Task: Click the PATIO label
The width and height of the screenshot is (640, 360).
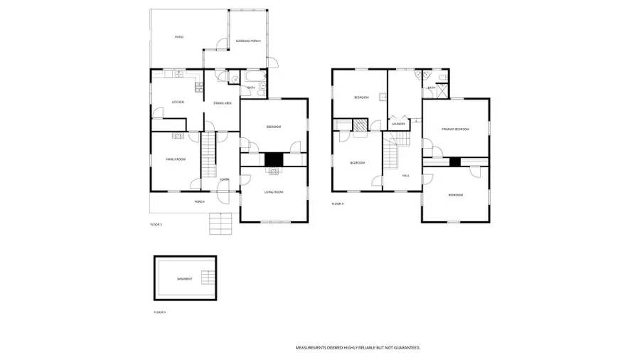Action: pyautogui.click(x=179, y=37)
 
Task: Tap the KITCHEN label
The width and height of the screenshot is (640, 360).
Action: pyautogui.click(x=177, y=102)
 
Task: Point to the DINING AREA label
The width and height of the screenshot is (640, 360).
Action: pyautogui.click(x=223, y=103)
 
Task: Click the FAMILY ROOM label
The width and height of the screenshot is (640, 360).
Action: pyautogui.click(x=176, y=159)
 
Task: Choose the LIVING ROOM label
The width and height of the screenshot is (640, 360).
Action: pyautogui.click(x=274, y=192)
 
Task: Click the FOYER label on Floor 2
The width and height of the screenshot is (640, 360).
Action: pyautogui.click(x=224, y=179)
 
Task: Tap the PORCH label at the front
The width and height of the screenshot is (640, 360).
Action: pyautogui.click(x=200, y=201)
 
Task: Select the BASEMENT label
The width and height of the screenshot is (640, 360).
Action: pyautogui.click(x=184, y=278)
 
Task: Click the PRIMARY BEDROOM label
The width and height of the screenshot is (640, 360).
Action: pyautogui.click(x=455, y=129)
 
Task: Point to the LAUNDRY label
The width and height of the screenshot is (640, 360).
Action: pyautogui.click(x=398, y=124)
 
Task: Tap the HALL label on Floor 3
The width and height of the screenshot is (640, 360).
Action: pyautogui.click(x=405, y=175)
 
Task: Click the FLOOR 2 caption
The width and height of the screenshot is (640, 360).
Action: pyautogui.click(x=156, y=225)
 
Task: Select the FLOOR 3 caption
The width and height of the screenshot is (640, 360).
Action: pyautogui.click(x=338, y=204)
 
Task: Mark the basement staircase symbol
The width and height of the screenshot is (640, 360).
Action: pyautogui.click(x=207, y=277)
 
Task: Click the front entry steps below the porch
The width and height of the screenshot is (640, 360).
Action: pyautogui.click(x=220, y=224)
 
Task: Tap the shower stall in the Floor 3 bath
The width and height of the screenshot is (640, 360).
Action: pyautogui.click(x=441, y=90)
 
